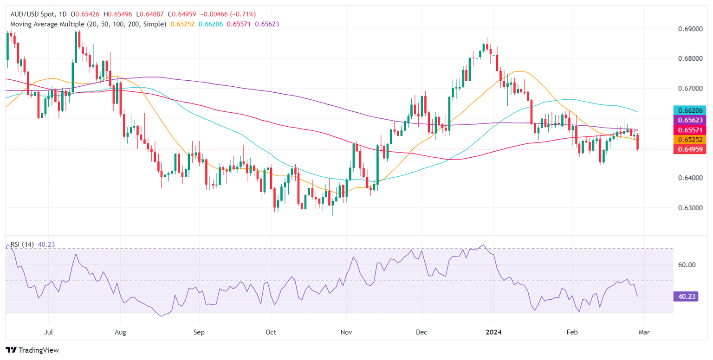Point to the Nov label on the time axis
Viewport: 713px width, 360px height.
[x=346, y=332]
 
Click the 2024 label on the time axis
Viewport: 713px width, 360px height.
[x=493, y=332]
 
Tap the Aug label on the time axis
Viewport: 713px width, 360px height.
[x=120, y=332]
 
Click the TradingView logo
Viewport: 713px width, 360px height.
[x=32, y=350]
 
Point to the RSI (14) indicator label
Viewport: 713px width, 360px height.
[x=21, y=244]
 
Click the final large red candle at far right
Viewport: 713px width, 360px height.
[x=637, y=142]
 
